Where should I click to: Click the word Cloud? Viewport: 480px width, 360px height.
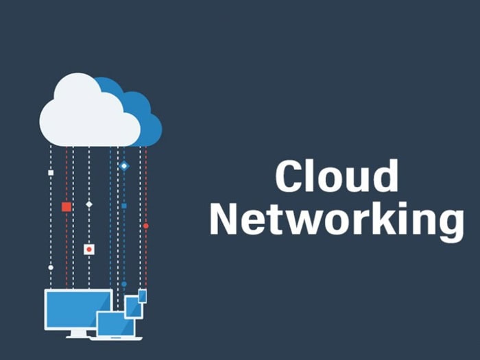coord(337,176)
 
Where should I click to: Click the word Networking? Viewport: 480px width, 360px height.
coord(337,220)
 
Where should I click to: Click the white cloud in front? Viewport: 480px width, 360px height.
coord(86,113)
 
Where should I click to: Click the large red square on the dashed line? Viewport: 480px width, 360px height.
coord(66,206)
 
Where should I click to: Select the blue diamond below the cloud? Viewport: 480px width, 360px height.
coord(124,166)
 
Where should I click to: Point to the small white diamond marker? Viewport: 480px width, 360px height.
coord(88,204)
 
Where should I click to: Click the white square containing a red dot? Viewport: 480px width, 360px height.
coord(88,249)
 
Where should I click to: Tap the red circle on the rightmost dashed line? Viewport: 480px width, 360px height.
coord(145,226)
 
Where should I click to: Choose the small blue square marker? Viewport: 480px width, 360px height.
coord(124,206)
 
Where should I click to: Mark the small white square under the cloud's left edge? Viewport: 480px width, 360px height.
coord(50,173)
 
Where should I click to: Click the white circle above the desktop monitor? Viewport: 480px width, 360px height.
coord(50,267)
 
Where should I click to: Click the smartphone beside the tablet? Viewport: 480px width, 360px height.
coord(142,296)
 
